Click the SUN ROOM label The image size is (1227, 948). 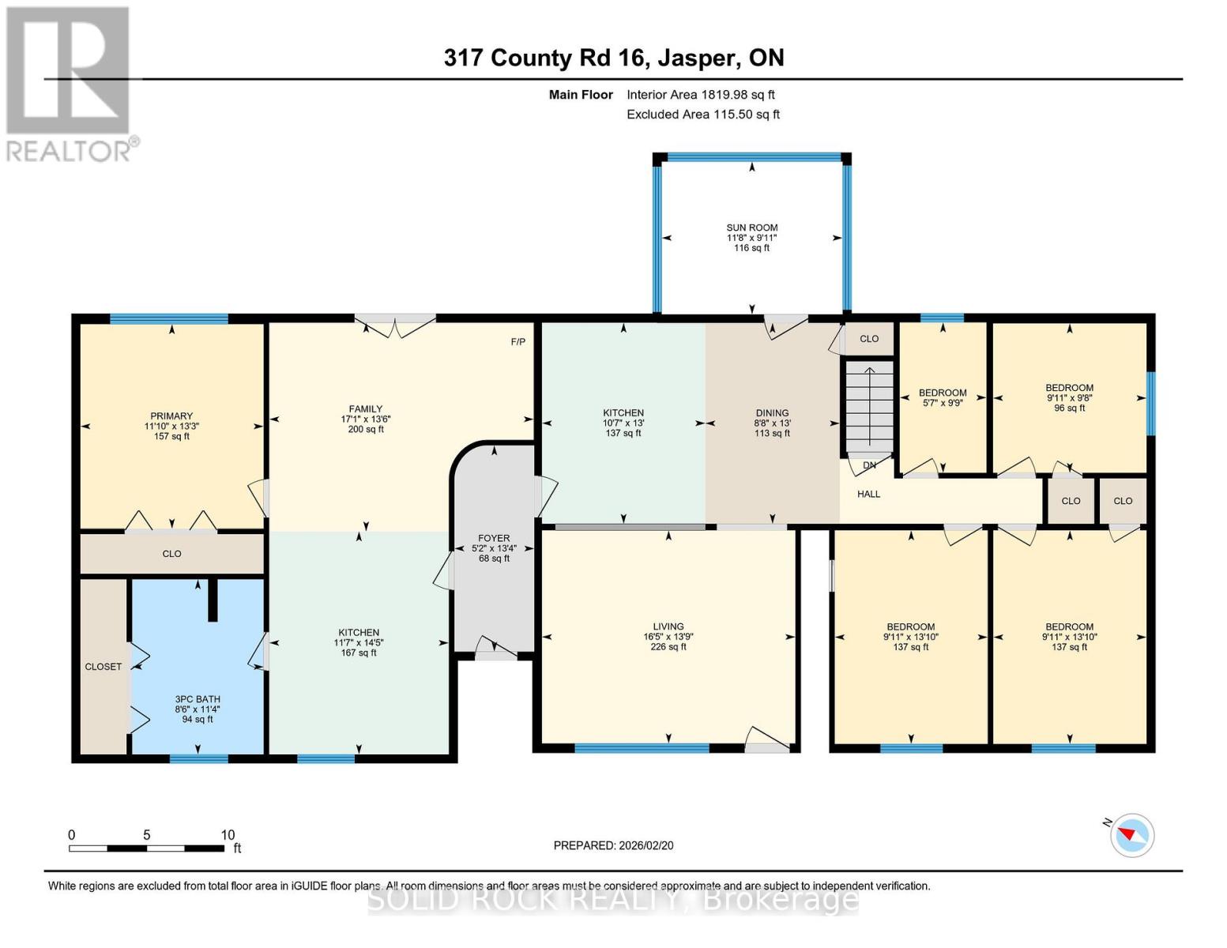click(752, 228)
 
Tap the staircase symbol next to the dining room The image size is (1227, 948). click(869, 407)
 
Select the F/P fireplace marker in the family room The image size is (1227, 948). click(518, 342)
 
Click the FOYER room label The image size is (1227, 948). click(494, 538)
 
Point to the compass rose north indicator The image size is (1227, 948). click(1131, 834)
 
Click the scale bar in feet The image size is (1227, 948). click(146, 848)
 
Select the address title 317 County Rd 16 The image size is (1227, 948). click(613, 58)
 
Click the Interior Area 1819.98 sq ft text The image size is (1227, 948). click(700, 95)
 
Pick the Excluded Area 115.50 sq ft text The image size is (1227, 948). click(702, 115)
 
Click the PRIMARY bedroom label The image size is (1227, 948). click(171, 416)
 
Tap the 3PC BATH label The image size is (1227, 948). click(198, 699)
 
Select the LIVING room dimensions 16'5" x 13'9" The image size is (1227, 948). click(668, 637)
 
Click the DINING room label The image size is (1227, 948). click(772, 413)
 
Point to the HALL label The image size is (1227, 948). click(868, 495)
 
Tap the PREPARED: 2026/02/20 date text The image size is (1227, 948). click(613, 845)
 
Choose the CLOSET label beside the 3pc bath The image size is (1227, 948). click(104, 667)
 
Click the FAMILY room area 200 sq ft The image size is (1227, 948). click(366, 430)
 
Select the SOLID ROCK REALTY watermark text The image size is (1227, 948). click(613, 899)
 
